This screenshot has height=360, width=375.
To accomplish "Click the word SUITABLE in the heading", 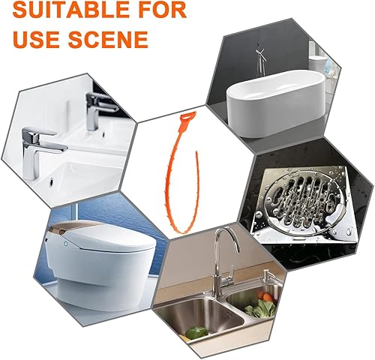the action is pos(71,10).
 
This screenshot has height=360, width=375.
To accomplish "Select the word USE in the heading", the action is pos(37,39).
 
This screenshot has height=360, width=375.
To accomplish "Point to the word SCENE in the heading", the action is pos(108,39).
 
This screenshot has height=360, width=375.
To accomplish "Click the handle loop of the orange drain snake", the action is pos(188,117).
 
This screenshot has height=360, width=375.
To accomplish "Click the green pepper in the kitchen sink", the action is pos(197,332).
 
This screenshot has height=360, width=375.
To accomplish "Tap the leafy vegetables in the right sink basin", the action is pos(261,308).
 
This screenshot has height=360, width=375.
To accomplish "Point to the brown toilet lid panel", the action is pos(73,227).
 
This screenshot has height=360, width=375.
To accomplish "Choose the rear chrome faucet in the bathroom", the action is pos(99,110).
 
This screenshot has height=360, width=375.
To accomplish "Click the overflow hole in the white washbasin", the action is pos(52,181).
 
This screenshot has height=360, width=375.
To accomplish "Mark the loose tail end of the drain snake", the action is pos(196,152).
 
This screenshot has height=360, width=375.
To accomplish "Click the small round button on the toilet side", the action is pos(66,243).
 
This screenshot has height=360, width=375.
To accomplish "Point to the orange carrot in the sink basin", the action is pos(268,297).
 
